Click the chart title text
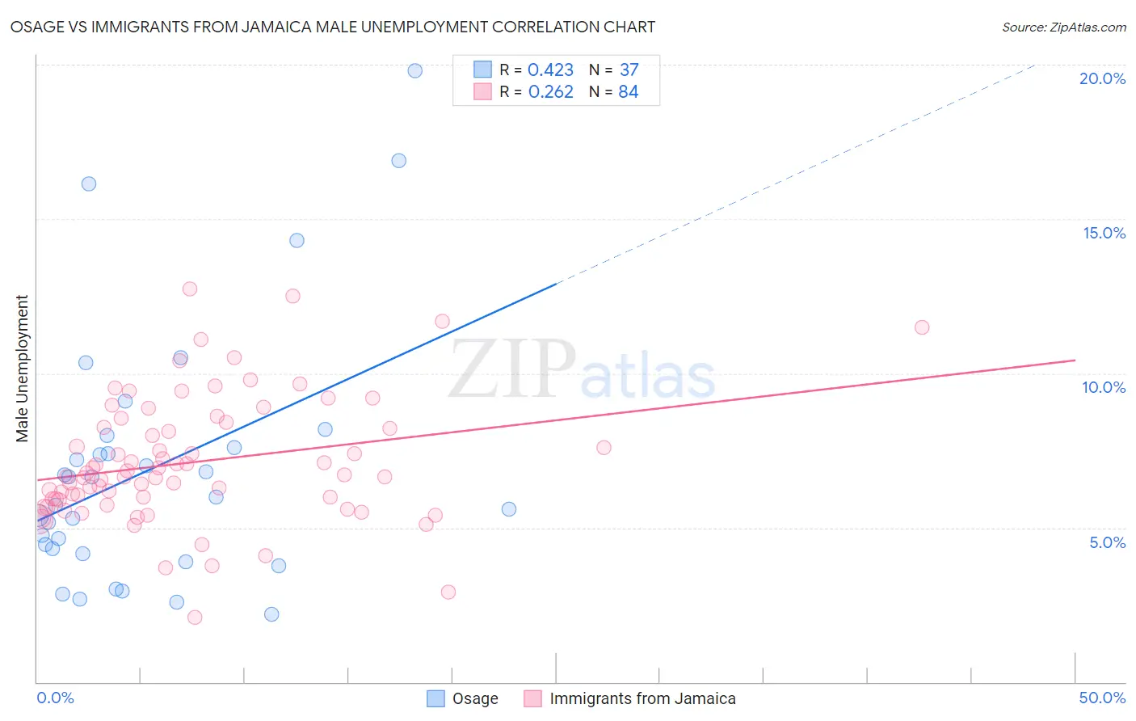point(333,27)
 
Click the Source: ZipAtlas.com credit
point(1063,27)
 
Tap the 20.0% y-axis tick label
point(1102,78)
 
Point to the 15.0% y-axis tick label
point(1104,233)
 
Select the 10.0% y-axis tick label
point(1104,387)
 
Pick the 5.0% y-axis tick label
point(1107,542)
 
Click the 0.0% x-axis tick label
point(55,698)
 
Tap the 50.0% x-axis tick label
point(1102,698)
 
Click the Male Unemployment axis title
point(22,369)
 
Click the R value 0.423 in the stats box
point(550,70)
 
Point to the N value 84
point(628,92)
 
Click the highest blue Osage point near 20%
point(414,70)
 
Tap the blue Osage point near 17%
point(398,160)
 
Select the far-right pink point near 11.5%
point(922,327)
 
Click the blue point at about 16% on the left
point(89,183)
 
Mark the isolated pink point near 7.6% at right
point(604,447)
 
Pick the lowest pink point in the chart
point(195,618)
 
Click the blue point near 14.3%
point(297,240)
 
